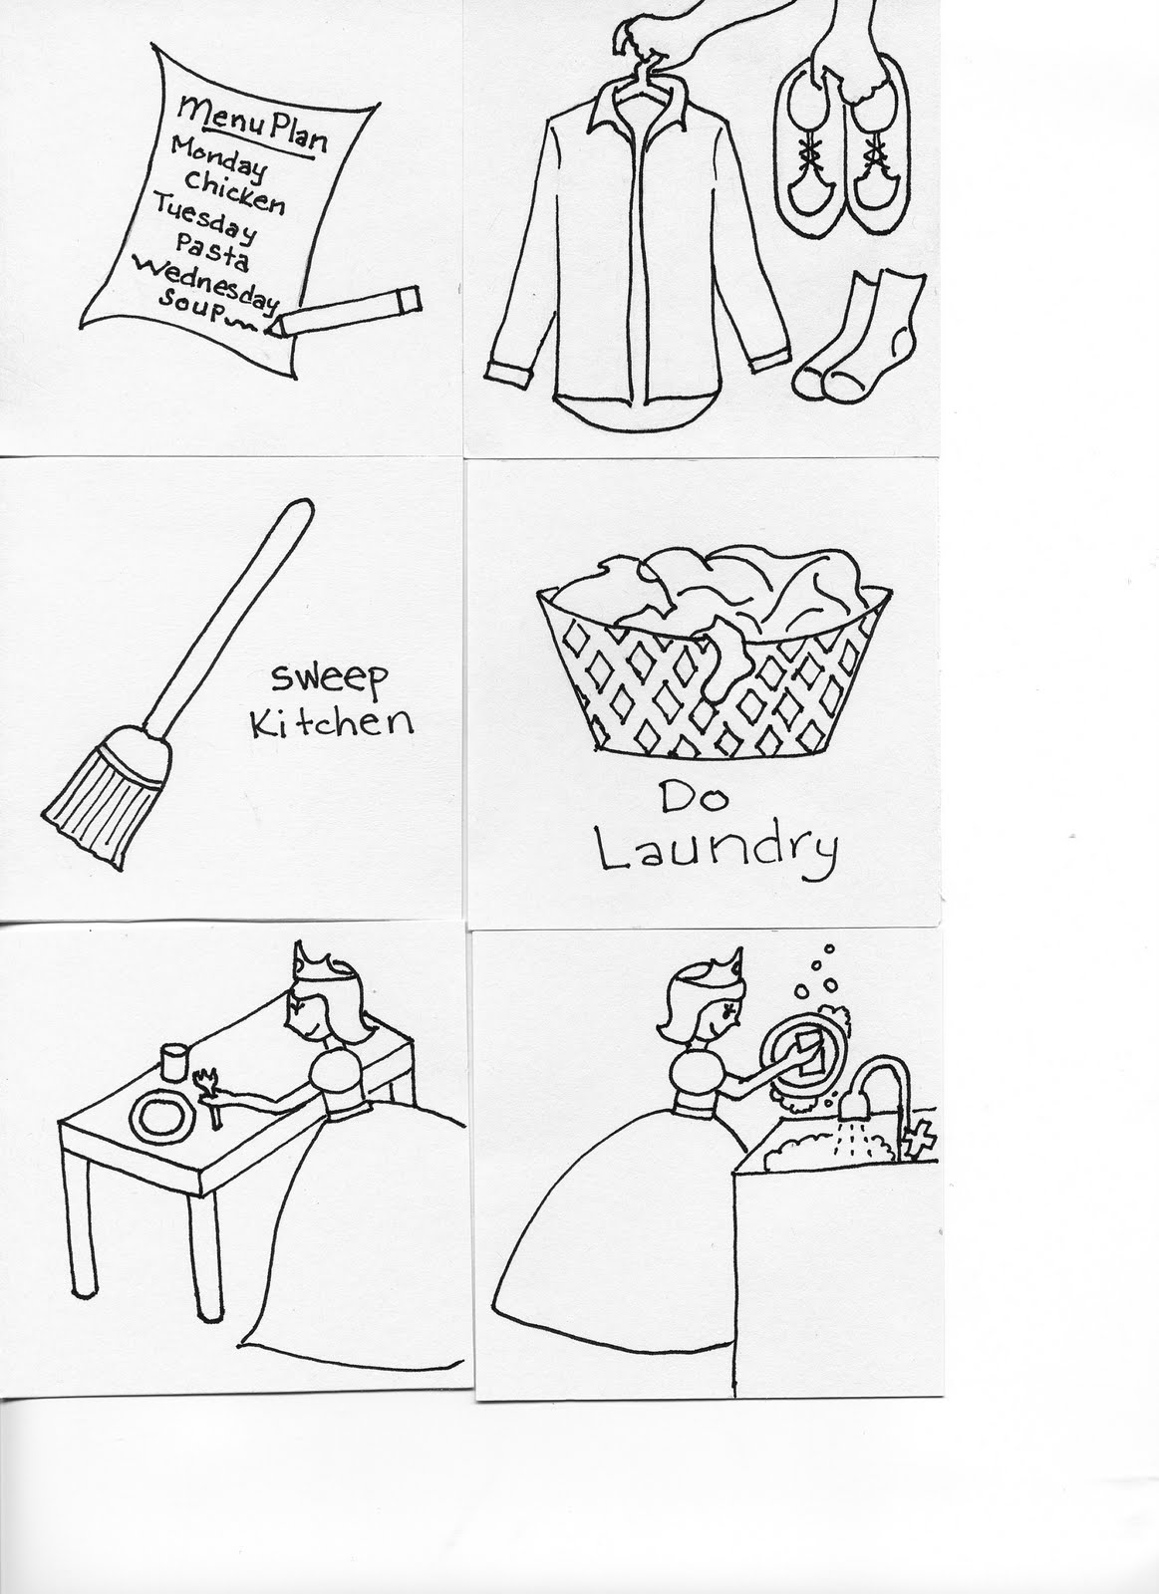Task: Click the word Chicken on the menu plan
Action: pyautogui.click(x=234, y=190)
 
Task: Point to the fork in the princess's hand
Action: pyautogui.click(x=210, y=1084)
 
